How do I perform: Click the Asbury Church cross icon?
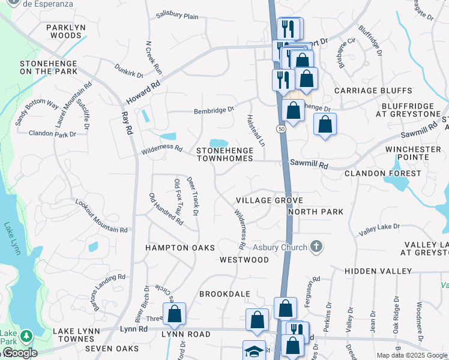[317, 247]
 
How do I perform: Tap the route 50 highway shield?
[281, 129]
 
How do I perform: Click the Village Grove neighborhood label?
[269, 200]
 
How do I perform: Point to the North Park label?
[316, 212]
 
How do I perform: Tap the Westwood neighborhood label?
[244, 260]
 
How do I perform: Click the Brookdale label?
[224, 294]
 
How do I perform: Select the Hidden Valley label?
[378, 271]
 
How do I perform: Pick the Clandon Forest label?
[383, 173]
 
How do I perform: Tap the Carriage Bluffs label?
[373, 91]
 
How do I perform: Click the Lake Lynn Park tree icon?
[26, 334]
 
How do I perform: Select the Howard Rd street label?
[143, 93]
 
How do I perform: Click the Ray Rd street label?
[127, 124]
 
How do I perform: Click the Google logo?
[20, 353]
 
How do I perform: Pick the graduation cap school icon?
[254, 350]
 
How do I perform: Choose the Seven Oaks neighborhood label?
[112, 349]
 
